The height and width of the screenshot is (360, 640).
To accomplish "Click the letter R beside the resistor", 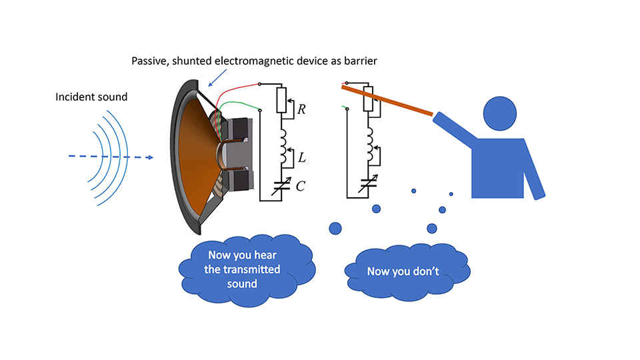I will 302,108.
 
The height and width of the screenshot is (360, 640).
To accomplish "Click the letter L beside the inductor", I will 302,158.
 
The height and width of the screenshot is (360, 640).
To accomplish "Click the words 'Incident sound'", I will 91,97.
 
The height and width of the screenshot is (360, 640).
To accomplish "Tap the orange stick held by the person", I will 387,101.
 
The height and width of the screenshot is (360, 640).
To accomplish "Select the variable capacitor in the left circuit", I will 281,186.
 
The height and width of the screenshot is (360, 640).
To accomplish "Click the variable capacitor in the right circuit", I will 368,184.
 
